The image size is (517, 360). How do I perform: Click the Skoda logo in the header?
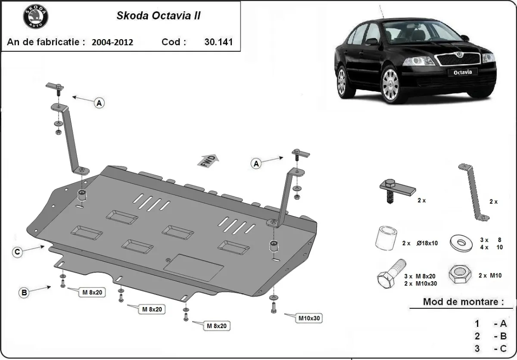(x=35, y=17)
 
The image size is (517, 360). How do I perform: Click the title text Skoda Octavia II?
(x=158, y=16)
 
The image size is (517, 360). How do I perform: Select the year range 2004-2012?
(x=112, y=42)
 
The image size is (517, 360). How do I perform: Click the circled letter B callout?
(x=24, y=293)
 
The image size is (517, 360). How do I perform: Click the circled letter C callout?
(x=17, y=252)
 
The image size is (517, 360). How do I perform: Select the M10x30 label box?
(x=309, y=318)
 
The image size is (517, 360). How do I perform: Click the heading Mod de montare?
(x=463, y=301)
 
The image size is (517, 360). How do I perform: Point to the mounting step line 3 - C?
(x=491, y=348)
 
